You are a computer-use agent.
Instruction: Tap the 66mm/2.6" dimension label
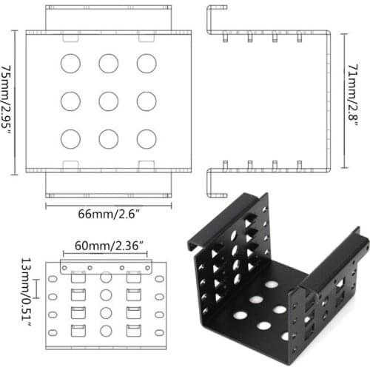[109, 214]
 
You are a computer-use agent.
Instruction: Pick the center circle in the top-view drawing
[109, 101]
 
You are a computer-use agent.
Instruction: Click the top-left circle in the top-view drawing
[70, 64]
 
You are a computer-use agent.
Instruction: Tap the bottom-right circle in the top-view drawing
[147, 138]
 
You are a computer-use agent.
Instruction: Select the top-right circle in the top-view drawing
[147, 64]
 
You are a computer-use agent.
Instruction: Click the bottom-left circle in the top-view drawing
[70, 138]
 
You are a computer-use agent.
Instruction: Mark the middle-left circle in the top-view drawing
[70, 101]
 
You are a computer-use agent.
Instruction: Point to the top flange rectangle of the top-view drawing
[109, 18]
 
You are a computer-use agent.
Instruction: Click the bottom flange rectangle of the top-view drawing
[109, 184]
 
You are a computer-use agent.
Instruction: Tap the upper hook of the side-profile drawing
[215, 18]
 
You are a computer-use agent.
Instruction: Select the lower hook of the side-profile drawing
[215, 184]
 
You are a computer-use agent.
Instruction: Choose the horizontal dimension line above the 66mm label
[109, 204]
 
